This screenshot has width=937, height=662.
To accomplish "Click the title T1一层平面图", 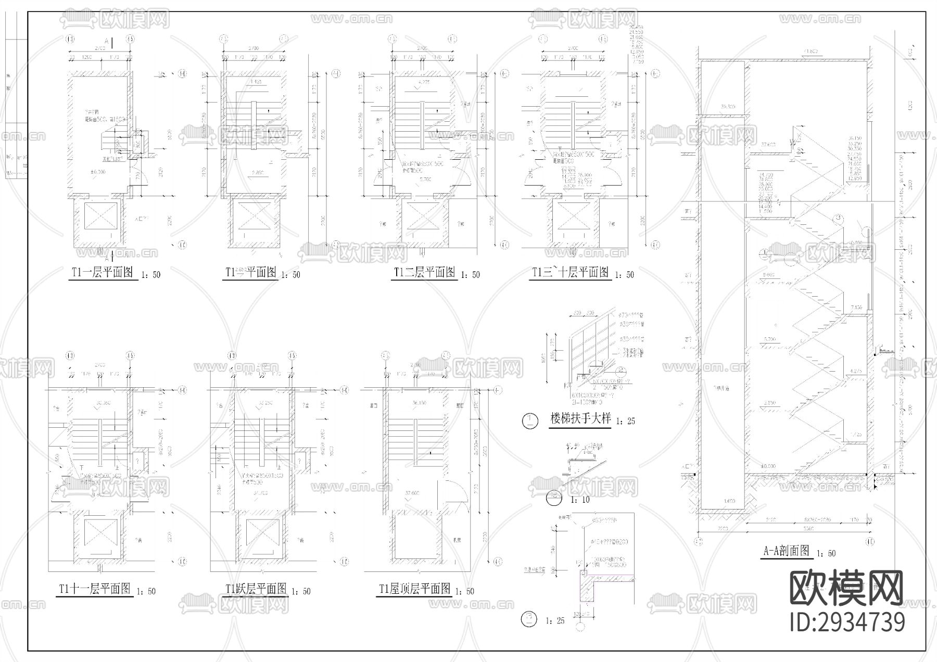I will coord(102,272).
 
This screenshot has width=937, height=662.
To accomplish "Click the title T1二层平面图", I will coord(425,272).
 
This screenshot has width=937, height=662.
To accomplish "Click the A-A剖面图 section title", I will coord(787,551).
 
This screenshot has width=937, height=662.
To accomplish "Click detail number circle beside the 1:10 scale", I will coord(554,499).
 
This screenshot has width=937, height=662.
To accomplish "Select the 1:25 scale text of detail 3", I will coord(555,620).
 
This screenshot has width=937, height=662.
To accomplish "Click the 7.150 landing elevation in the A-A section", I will coord(856,308).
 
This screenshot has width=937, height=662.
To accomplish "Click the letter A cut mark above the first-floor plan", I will coord(106,41).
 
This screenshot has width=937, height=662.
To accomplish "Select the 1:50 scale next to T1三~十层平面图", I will coord(625,274).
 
